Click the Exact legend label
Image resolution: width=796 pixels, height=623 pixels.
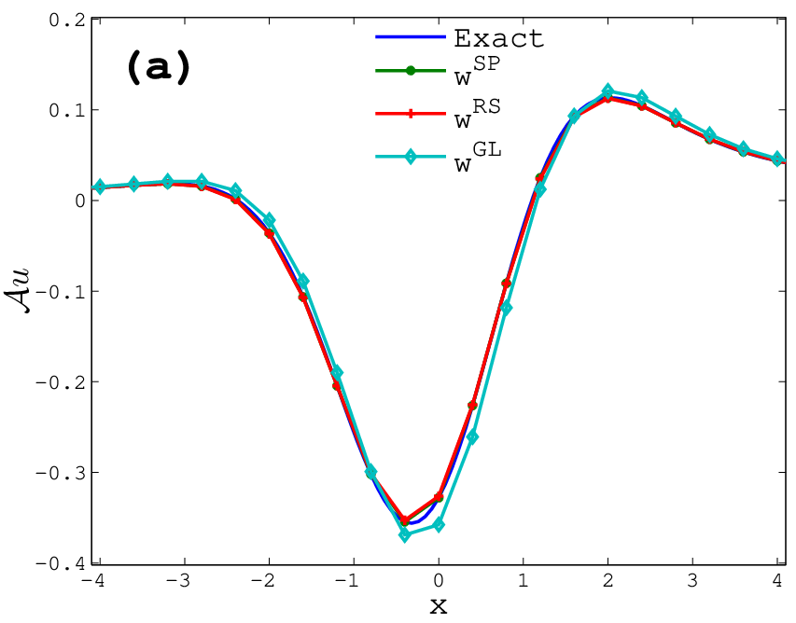click(498, 38)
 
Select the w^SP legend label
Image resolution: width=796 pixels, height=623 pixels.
click(477, 71)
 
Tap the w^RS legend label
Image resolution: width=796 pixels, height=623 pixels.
click(477, 114)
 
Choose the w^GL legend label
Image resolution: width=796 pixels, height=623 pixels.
click(478, 157)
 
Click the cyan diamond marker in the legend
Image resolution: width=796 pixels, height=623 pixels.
click(411, 157)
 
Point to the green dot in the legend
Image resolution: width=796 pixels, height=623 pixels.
click(411, 71)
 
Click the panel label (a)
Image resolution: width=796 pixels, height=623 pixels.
click(158, 68)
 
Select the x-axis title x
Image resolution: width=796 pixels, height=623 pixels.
click(439, 606)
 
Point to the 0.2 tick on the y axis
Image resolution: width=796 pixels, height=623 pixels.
click(66, 21)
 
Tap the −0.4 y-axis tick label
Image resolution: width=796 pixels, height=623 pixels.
click(60, 563)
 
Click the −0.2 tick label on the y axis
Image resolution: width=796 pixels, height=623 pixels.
click(60, 381)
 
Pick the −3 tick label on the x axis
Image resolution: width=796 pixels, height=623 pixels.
click(177, 580)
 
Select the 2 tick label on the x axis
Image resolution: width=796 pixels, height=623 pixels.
click(608, 580)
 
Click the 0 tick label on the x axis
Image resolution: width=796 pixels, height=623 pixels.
click(439, 580)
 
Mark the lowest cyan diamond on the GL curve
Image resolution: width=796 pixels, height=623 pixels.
click(405, 534)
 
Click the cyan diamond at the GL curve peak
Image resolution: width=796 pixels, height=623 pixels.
click(608, 91)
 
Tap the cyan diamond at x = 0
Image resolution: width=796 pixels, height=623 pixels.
click(439, 524)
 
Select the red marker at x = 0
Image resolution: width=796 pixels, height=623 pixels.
click(439, 497)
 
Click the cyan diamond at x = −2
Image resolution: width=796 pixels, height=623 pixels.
click(269, 220)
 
